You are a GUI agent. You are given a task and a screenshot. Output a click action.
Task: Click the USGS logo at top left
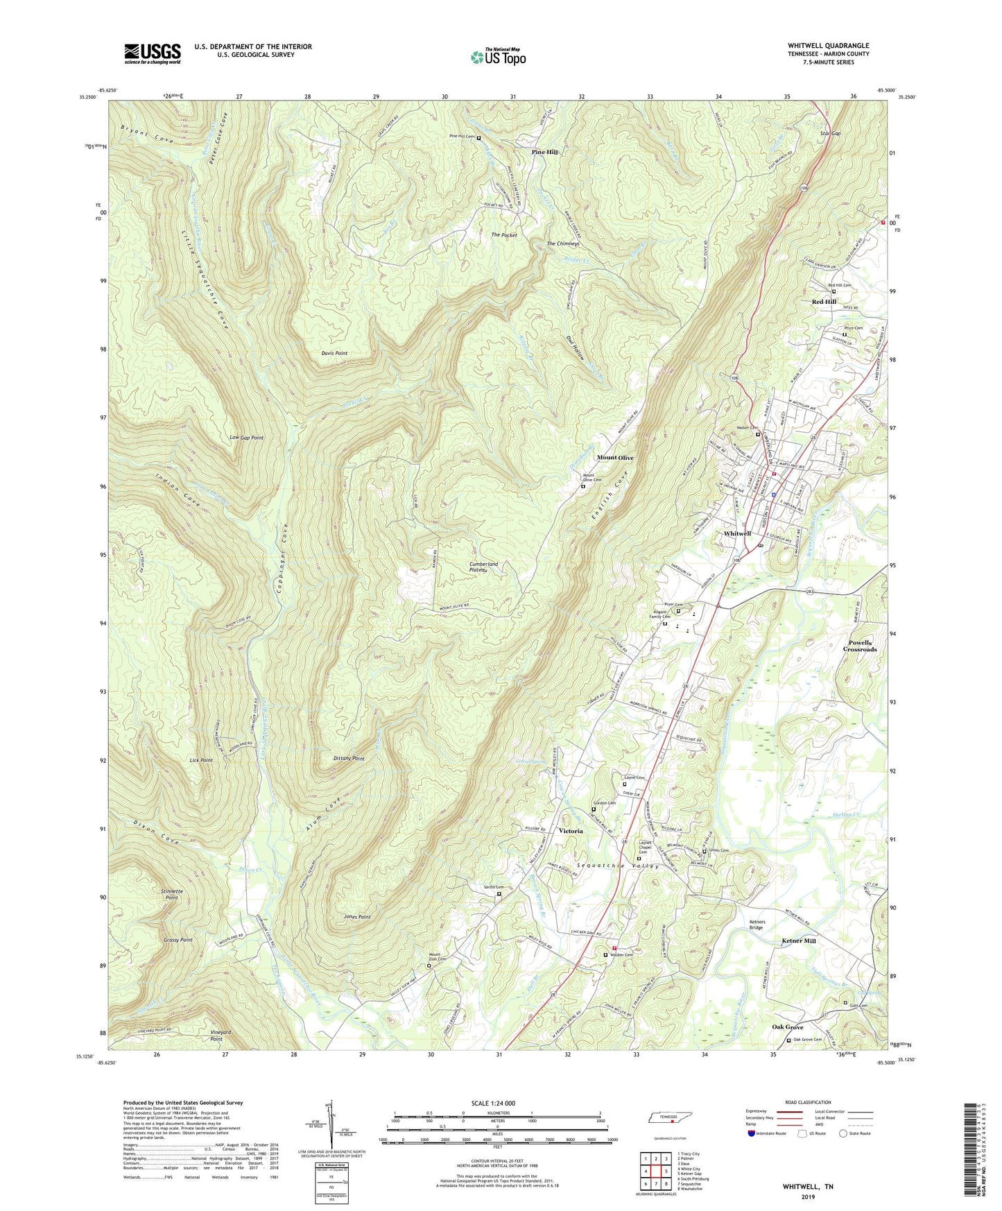[153, 53]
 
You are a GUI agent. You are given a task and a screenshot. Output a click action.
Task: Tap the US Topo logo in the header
[497, 57]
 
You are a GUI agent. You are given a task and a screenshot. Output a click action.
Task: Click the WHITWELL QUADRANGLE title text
[828, 46]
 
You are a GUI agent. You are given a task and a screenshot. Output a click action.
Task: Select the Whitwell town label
[737, 533]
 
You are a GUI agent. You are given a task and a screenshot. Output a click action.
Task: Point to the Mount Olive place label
[615, 458]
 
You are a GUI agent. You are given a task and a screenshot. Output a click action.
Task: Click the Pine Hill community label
[544, 152]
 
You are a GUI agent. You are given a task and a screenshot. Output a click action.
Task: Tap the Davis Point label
[334, 353]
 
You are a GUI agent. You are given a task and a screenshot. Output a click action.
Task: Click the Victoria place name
[571, 830]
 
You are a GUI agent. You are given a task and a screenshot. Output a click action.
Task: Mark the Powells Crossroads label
[860, 646]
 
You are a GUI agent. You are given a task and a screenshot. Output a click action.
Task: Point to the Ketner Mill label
[799, 941]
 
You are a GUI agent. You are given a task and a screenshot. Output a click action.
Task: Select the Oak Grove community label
[788, 1027]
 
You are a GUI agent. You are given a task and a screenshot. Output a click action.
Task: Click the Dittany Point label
[349, 759]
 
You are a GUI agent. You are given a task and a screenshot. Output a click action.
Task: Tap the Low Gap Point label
[246, 438]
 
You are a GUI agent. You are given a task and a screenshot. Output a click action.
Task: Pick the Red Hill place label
[824, 302]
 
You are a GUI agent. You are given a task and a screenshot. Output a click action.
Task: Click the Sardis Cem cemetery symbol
[499, 894]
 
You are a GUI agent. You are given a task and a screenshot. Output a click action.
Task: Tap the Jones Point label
[357, 917]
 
